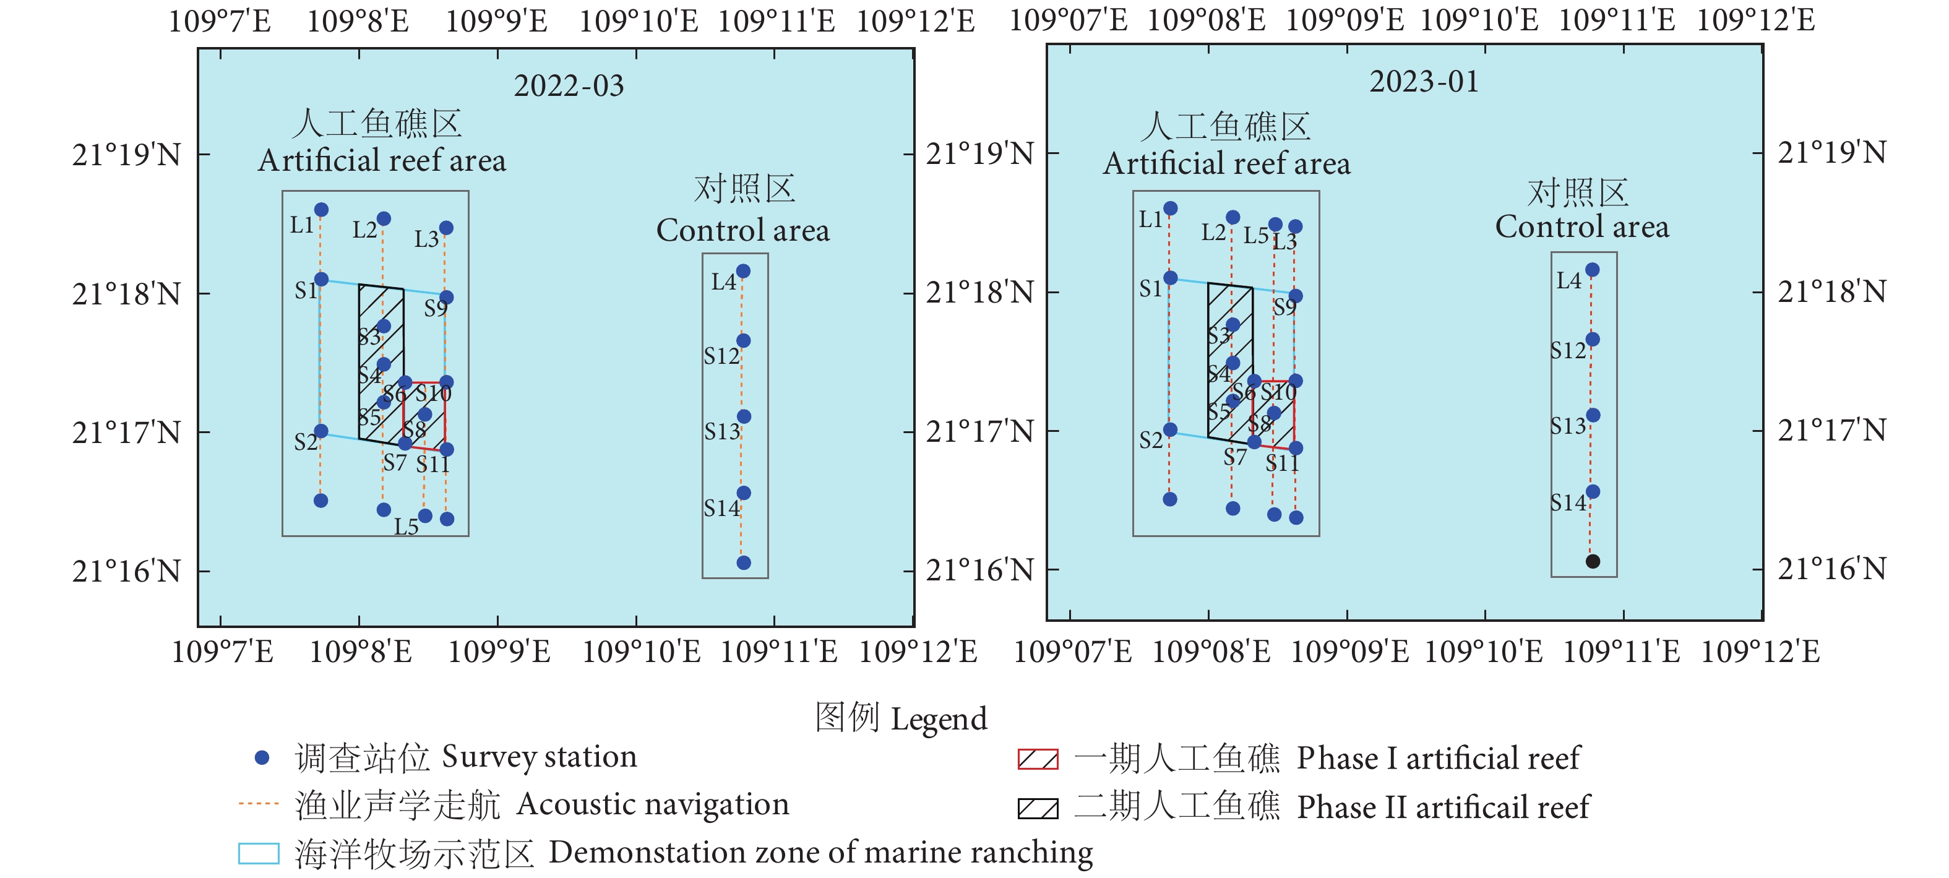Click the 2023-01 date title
coord(1423,82)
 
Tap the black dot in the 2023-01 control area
coord(1593,561)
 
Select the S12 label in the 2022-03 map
coord(721,356)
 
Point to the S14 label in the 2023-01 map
coord(1568,502)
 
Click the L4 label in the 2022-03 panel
coord(723,282)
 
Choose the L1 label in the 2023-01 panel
coord(1150,220)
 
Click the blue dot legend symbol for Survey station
coord(262,757)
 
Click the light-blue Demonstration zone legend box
coord(259,853)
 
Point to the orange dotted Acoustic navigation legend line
coord(259,804)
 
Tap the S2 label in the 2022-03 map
coord(306,442)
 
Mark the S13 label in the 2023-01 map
coord(1568,426)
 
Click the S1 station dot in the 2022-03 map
coord(321,279)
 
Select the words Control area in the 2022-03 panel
coord(742,230)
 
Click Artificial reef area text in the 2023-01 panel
coord(1226,163)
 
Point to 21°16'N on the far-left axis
coord(126,572)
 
